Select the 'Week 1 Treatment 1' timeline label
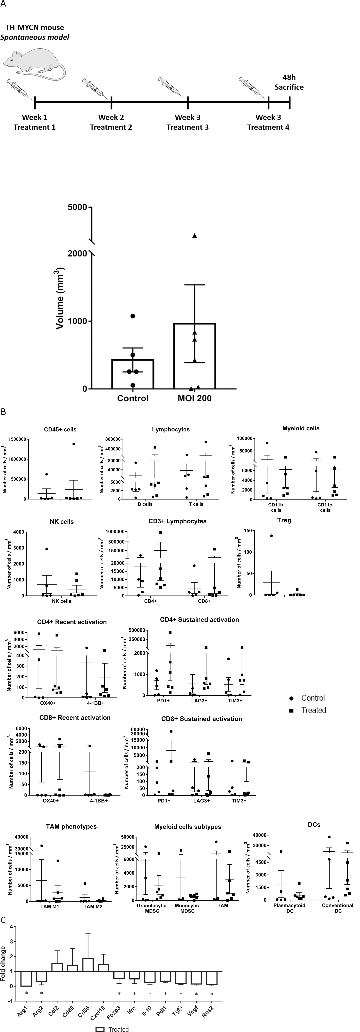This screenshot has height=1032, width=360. coord(34,122)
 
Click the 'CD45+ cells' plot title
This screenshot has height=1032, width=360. coord(60,429)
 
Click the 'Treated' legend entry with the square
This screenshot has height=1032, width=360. coord(308,710)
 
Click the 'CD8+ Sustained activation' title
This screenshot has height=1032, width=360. coord(201,719)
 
